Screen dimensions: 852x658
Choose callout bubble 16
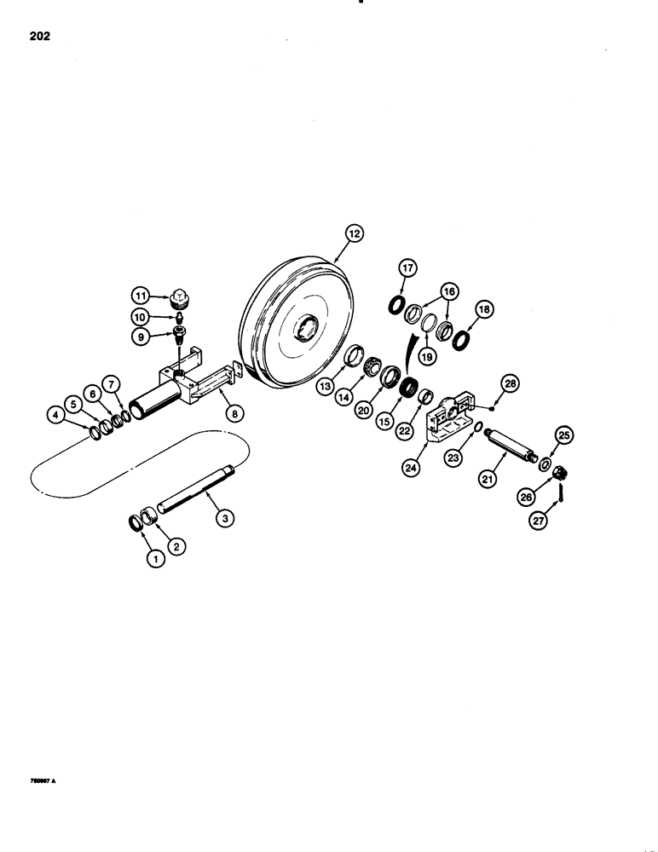pos(447,291)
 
